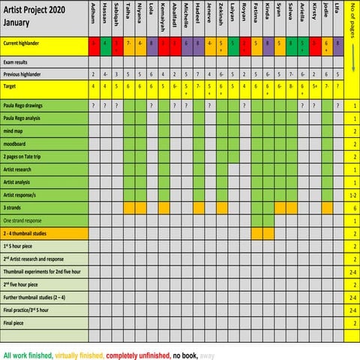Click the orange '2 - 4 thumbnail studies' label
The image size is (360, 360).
[x=34, y=233]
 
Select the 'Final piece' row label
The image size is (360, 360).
[x=18, y=322]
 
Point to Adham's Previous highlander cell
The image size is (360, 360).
[x=93, y=74]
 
